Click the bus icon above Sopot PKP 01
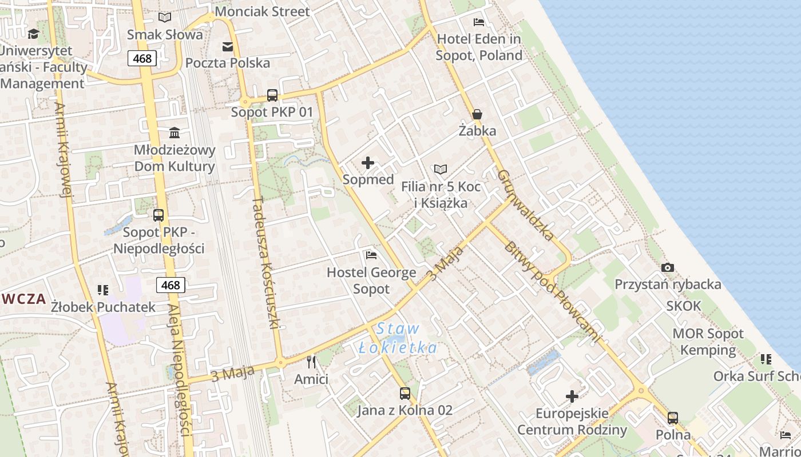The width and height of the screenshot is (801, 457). point(272,95)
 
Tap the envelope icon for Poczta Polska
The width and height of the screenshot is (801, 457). point(228,46)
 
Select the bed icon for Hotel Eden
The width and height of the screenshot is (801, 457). point(479,22)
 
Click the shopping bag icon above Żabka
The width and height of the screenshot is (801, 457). point(477,114)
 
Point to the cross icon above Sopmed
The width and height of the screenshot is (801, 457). point(368,163)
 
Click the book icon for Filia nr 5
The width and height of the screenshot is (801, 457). point(440,169)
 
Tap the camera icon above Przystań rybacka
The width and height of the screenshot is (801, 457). point(667,267)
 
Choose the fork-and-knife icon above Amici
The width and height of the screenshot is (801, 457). point(311,362)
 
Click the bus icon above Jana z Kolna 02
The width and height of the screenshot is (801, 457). point(405,393)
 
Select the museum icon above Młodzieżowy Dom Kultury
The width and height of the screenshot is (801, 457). point(175,133)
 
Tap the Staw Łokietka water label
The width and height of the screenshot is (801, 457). point(398,338)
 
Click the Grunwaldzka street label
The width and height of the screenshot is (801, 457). point(525,205)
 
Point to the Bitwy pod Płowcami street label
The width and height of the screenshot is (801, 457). point(552,291)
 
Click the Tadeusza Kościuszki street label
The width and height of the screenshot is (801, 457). point(267,263)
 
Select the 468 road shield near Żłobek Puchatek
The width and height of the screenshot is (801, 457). point(170,285)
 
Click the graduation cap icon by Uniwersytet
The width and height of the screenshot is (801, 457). point(33,34)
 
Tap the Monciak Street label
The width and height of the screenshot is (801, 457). point(262,11)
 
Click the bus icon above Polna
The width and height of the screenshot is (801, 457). point(673,418)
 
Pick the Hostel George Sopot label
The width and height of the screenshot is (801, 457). point(371,280)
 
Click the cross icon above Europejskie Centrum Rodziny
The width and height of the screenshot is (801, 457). point(572,396)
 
